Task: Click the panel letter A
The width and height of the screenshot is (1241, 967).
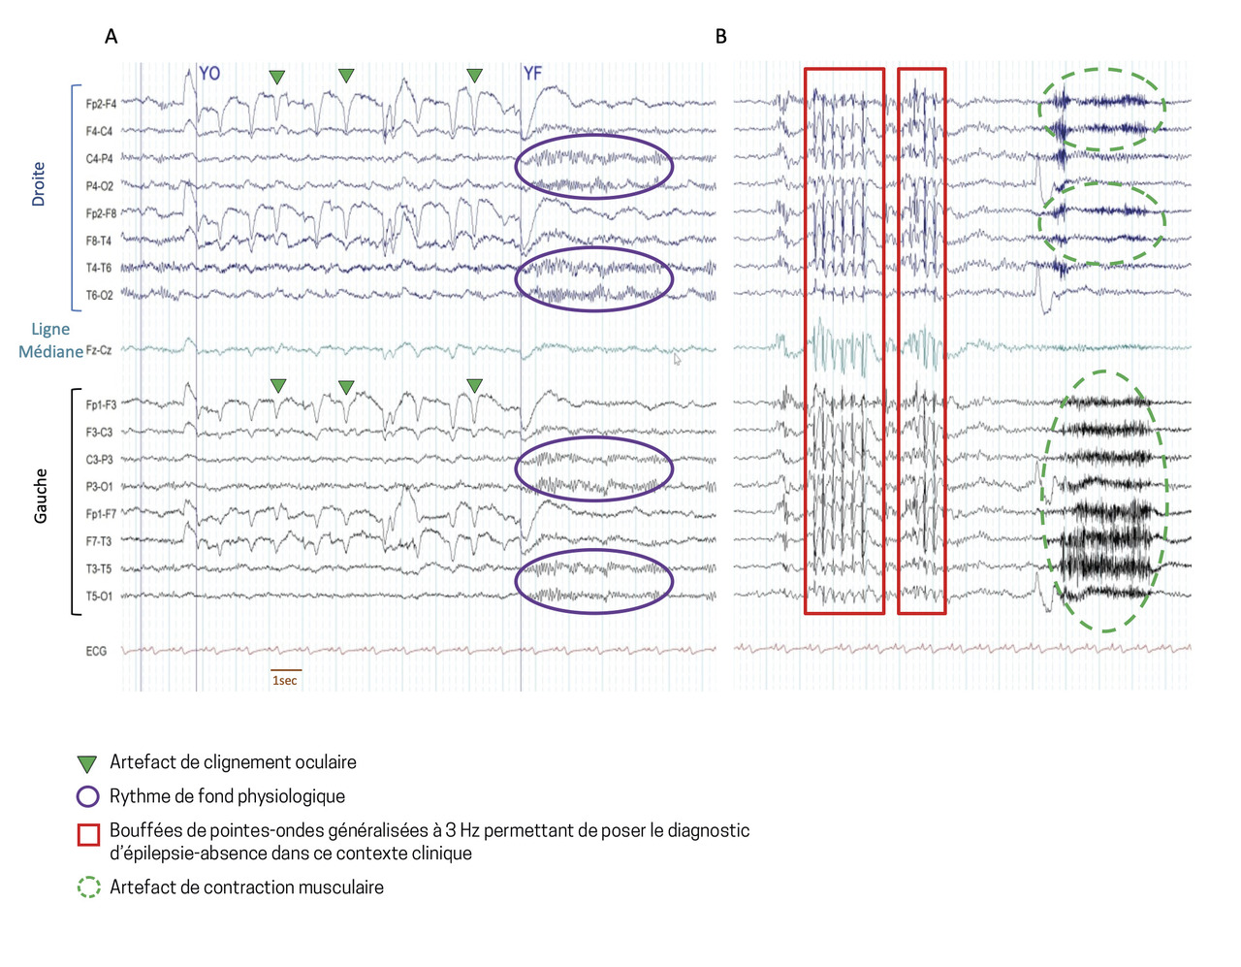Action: (111, 37)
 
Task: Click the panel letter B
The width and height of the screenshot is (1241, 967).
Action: (720, 37)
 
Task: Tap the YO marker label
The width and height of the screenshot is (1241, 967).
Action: (208, 74)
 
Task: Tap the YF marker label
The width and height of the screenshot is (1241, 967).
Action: (532, 74)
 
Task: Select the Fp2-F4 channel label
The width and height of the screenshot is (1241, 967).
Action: (101, 104)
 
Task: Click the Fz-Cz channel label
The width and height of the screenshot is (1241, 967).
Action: (99, 350)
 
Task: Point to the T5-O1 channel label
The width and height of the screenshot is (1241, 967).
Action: (99, 596)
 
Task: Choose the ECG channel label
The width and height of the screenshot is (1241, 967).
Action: (96, 651)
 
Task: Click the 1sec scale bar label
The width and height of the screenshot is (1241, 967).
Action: (285, 681)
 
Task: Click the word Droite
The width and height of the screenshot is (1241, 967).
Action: (39, 183)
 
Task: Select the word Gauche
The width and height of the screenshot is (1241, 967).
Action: (41, 496)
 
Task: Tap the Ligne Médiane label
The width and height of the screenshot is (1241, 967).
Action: (50, 340)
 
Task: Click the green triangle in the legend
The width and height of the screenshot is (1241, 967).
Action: (87, 764)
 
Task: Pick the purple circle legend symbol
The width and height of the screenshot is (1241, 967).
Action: (88, 797)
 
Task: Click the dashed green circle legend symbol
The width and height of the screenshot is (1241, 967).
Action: (88, 887)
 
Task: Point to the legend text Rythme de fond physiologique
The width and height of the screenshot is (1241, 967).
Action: (227, 796)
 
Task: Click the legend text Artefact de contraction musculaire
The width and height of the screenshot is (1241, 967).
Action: (246, 887)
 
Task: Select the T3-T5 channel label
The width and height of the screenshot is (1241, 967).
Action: (99, 569)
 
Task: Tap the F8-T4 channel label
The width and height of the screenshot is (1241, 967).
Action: (99, 241)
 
